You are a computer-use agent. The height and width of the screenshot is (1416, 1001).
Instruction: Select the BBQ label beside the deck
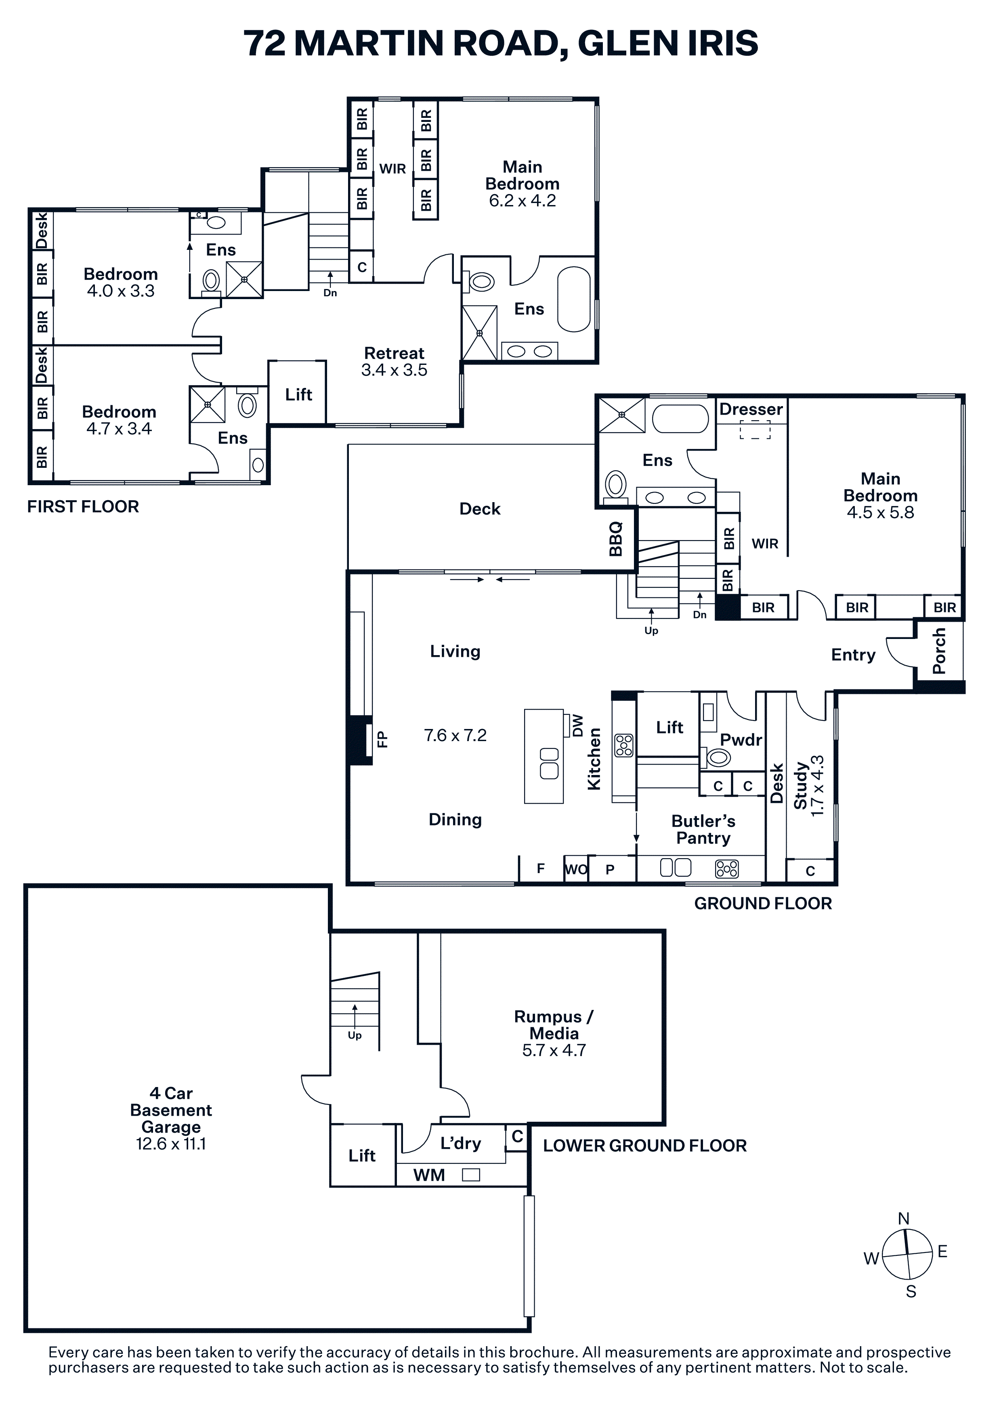coord(615,539)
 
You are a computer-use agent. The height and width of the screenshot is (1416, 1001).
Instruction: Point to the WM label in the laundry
coord(429,1175)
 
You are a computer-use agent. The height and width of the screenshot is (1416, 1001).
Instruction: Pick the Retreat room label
coord(394,353)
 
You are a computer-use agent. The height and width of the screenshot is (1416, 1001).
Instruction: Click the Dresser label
coord(751,410)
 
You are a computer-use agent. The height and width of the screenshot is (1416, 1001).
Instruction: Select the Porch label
coord(939,651)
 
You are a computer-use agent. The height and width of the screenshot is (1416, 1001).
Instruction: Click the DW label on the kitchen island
coord(578,725)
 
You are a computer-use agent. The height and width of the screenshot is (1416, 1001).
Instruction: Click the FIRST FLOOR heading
coord(83,507)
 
